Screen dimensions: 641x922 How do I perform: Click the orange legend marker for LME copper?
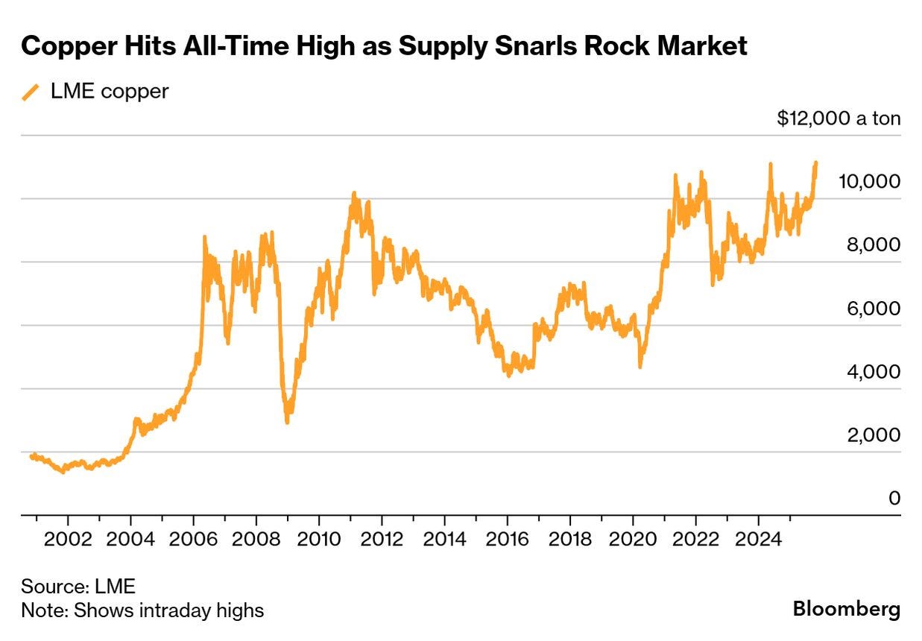(31, 92)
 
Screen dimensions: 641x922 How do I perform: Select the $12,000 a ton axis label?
(838, 119)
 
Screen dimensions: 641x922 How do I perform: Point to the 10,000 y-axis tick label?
(868, 181)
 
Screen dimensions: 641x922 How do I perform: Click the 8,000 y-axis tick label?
(873, 244)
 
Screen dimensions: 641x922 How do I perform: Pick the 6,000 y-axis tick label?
(873, 308)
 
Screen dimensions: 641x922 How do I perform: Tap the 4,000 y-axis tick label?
(873, 371)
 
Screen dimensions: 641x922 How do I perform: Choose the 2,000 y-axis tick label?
(873, 435)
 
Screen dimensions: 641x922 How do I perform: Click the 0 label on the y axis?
(894, 498)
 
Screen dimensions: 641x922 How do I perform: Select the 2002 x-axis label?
(68, 538)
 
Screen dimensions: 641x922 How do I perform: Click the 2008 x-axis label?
(256, 538)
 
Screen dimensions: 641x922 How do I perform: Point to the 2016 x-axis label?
(508, 538)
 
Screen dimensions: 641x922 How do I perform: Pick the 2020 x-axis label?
(633, 538)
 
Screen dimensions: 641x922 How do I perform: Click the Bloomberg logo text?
(846, 609)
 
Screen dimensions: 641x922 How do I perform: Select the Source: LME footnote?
(78, 586)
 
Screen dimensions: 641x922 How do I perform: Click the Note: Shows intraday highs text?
(142, 610)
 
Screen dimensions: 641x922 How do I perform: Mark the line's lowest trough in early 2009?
(287, 422)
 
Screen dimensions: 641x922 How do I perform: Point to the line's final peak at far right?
(816, 162)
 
